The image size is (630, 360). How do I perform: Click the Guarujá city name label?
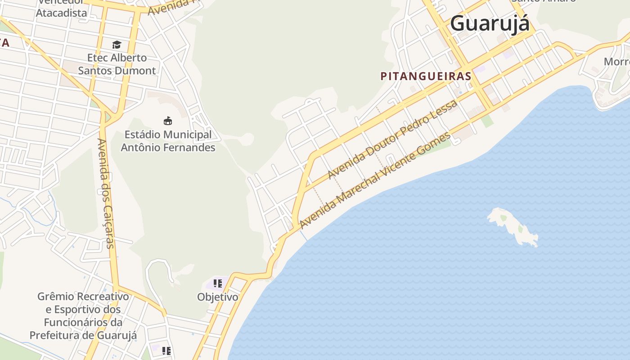(490, 23)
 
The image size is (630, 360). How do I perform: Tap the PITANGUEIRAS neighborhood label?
(426, 76)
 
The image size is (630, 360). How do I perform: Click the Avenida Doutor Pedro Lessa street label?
(392, 139)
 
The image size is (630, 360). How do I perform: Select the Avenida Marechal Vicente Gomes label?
(375, 180)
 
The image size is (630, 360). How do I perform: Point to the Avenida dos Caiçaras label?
(106, 193)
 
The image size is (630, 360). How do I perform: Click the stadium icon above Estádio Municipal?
(168, 121)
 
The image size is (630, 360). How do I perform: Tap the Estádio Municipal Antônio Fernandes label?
(168, 141)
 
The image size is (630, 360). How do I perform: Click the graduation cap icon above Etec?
(117, 45)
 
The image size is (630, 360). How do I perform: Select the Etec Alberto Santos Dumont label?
(117, 64)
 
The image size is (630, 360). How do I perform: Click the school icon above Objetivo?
(218, 283)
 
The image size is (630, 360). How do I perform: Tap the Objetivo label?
(218, 297)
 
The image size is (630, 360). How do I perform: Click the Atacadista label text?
(61, 13)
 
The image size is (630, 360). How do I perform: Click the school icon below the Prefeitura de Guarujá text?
(166, 351)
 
